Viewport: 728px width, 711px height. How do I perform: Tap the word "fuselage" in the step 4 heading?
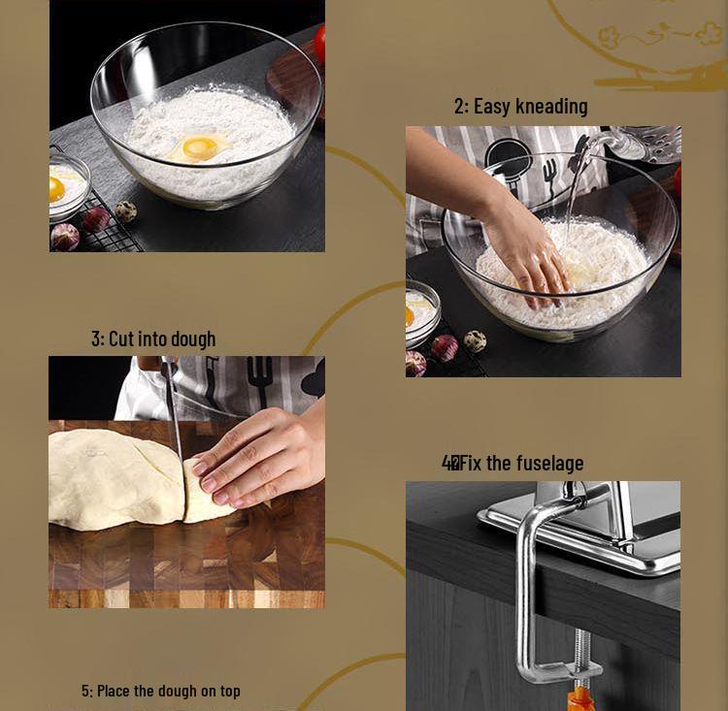pyautogui.click(x=549, y=463)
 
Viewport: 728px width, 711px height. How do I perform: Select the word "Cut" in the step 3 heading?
pyautogui.click(x=120, y=339)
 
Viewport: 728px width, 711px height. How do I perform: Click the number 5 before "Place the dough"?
pyautogui.click(x=85, y=691)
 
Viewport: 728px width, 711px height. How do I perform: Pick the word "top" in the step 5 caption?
pyautogui.click(x=229, y=691)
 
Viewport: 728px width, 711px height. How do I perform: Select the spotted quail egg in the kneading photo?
pyautogui.click(x=475, y=340)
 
